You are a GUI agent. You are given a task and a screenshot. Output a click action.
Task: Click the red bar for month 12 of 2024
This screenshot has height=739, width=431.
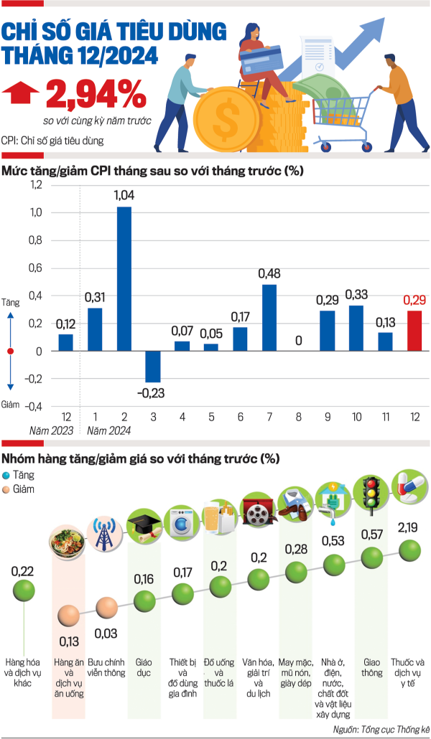pos(414,331)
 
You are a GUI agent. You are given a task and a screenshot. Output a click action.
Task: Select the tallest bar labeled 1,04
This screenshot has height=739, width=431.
pos(124,279)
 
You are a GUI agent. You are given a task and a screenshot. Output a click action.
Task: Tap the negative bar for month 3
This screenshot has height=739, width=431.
pos(153,367)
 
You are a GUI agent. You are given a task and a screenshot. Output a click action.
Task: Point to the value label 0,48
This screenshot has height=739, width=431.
pos(269,273)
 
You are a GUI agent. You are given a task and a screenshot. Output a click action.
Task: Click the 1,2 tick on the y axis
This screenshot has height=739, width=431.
pos(36,185)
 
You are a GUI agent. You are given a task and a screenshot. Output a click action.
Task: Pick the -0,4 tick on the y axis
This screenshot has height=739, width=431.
pos(34,406)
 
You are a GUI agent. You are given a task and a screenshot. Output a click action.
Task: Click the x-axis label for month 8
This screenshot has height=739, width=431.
pos(298,417)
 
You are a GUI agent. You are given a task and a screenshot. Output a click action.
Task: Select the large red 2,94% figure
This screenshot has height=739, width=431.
pos(96,94)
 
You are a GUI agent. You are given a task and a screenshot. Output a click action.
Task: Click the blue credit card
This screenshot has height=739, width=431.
pos(261,60)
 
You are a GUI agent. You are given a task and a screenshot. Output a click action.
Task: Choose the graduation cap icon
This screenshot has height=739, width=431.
pos(144,526)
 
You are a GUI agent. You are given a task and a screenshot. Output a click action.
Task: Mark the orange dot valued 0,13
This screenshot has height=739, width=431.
pos(69,616)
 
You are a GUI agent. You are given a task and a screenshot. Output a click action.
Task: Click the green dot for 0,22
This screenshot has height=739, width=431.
pos(24,590)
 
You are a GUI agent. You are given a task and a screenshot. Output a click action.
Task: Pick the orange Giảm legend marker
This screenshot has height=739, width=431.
pos(6,490)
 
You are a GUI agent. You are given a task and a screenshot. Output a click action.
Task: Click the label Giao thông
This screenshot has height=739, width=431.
pos(372,667)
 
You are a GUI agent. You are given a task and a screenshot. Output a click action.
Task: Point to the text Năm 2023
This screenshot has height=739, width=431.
pos(52,430)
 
